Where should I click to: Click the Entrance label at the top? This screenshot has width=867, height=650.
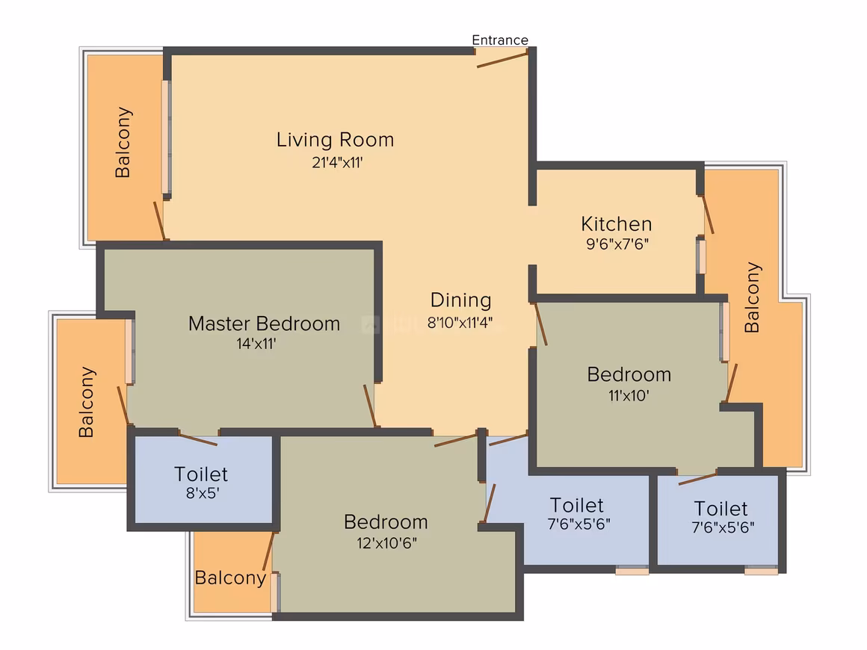pyautogui.click(x=500, y=40)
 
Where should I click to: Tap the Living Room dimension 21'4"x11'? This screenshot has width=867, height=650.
pyautogui.click(x=337, y=163)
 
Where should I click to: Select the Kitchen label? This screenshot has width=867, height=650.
pyautogui.click(x=617, y=224)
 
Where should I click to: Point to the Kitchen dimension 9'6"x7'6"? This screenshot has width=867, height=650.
pyautogui.click(x=617, y=244)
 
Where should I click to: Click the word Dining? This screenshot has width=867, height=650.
pyautogui.click(x=461, y=300)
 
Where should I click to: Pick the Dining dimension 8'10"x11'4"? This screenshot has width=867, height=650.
pyautogui.click(x=460, y=322)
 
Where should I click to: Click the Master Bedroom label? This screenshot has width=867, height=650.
pyautogui.click(x=265, y=324)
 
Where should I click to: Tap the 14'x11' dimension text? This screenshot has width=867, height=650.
pyautogui.click(x=256, y=344)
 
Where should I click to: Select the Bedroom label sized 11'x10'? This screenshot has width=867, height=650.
pyautogui.click(x=629, y=374)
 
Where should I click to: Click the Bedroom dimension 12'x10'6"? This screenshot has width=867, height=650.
pyautogui.click(x=386, y=543)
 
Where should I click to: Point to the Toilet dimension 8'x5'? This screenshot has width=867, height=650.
pyautogui.click(x=203, y=493)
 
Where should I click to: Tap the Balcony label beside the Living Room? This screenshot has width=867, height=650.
pyautogui.click(x=123, y=143)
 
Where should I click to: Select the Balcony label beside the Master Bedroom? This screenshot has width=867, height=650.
pyautogui.click(x=86, y=403)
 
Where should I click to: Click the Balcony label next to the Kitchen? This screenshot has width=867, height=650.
pyautogui.click(x=752, y=297)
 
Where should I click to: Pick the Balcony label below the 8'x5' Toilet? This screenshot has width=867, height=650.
pyautogui.click(x=230, y=578)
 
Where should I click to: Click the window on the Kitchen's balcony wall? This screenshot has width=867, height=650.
pyautogui.click(x=701, y=256)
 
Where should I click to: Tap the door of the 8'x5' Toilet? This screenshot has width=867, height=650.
pyautogui.click(x=198, y=439)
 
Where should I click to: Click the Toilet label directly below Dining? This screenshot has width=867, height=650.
pyautogui.click(x=577, y=505)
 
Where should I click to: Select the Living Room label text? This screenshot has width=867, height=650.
pyautogui.click(x=335, y=140)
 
